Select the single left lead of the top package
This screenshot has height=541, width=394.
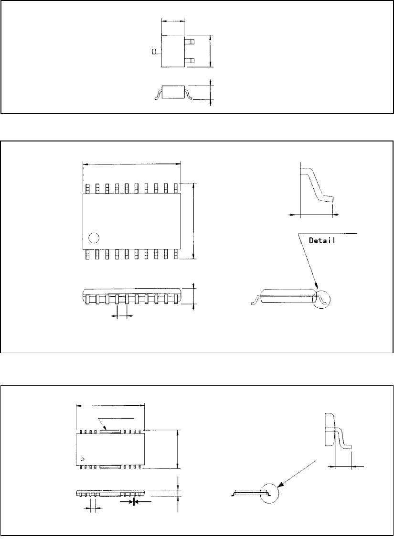[156, 50]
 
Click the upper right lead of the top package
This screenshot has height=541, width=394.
[190, 42]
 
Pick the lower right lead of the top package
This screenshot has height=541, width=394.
[190, 60]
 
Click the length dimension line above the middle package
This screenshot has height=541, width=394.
[132, 164]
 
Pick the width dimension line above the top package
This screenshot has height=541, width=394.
[173, 21]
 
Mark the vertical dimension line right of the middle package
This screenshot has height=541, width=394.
[193, 220]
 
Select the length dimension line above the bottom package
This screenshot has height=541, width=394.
[110, 406]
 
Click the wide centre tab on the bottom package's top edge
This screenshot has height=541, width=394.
[110, 431]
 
